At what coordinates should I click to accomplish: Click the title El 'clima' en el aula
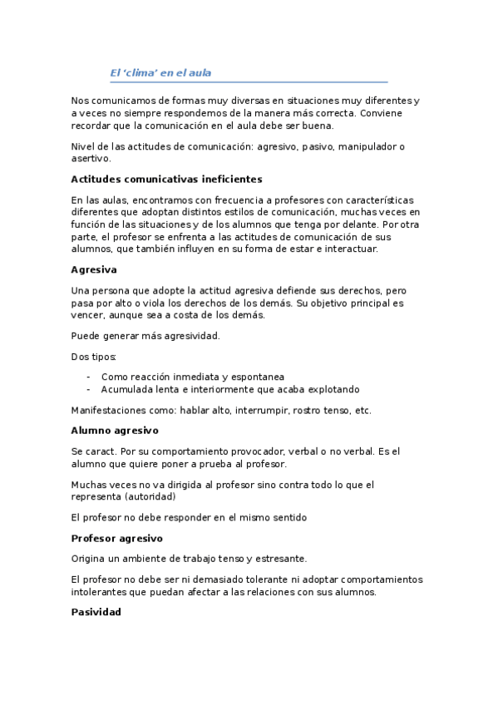tap(160, 72)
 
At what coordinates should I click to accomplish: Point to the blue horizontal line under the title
tap(249, 82)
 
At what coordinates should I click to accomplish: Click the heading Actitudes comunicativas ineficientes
tap(166, 179)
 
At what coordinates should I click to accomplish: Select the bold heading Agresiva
tap(94, 269)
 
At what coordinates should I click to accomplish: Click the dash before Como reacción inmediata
tap(88, 377)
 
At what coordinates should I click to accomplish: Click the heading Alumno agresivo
tap(115, 431)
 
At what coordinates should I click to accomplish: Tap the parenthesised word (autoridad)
tap(150, 496)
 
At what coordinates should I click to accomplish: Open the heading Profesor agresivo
tap(116, 538)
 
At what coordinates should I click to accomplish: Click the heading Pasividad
tap(96, 612)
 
